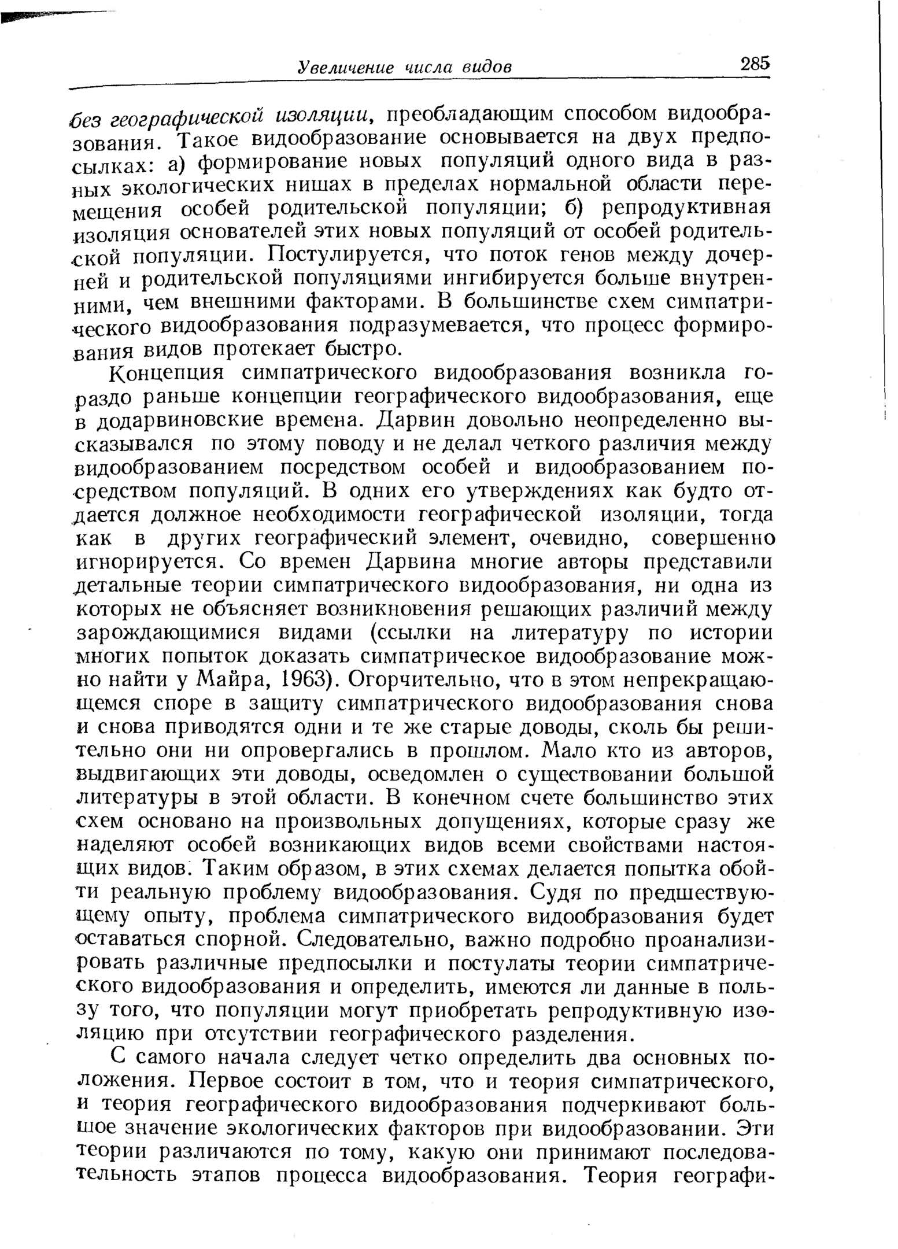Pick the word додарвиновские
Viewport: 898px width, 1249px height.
pyautogui.click(x=171, y=420)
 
